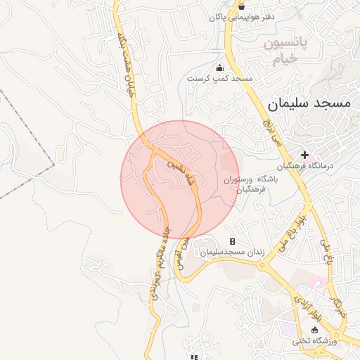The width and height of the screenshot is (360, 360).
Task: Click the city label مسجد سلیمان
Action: [308, 103]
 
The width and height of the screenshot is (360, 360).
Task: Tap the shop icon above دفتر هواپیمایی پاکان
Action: [242, 6]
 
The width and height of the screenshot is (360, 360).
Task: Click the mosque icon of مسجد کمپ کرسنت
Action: [219, 68]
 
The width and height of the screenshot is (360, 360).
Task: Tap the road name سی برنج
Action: [271, 131]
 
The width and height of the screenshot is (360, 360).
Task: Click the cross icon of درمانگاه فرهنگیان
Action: [304, 155]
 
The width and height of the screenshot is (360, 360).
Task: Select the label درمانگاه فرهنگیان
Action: [304, 167]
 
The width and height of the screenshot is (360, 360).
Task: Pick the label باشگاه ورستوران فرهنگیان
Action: [251, 184]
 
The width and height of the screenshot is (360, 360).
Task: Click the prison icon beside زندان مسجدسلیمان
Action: [233, 241]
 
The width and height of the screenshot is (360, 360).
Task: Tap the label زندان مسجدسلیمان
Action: [224, 252]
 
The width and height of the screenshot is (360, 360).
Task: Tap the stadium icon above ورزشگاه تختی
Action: [314, 330]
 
